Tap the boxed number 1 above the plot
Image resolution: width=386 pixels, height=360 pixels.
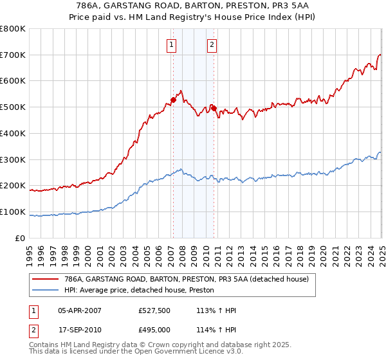point(172,45)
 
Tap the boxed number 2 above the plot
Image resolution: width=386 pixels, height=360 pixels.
point(212,45)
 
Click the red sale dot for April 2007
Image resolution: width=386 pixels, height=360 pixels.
point(173,100)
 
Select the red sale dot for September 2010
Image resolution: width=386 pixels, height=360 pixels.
point(214,108)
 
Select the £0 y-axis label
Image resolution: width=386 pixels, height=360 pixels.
point(21,238)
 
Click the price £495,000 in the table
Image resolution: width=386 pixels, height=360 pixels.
point(154,330)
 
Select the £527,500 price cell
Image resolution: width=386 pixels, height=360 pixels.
point(154,311)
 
